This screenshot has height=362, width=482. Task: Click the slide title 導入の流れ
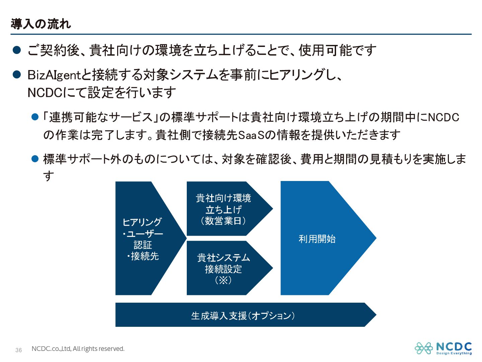[x=41, y=24]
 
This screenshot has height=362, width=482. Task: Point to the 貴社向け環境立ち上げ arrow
[x=223, y=209]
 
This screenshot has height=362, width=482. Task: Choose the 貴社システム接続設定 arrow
[x=223, y=268]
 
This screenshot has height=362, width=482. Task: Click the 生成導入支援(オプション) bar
[x=243, y=315]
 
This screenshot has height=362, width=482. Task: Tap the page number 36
[x=19, y=350]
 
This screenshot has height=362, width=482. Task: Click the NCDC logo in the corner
[x=443, y=348]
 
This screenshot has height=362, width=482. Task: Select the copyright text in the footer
[x=78, y=349]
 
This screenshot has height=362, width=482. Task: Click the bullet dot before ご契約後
[x=17, y=50]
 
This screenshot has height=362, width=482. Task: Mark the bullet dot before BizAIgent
[x=17, y=74]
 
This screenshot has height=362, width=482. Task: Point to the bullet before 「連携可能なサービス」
[x=35, y=117]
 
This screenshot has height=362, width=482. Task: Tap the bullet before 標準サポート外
[x=35, y=159]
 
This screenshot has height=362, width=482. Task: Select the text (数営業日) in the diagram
[x=223, y=221]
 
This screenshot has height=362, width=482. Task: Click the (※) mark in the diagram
[x=223, y=280]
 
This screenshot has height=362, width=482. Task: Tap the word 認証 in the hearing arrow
[x=143, y=245]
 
